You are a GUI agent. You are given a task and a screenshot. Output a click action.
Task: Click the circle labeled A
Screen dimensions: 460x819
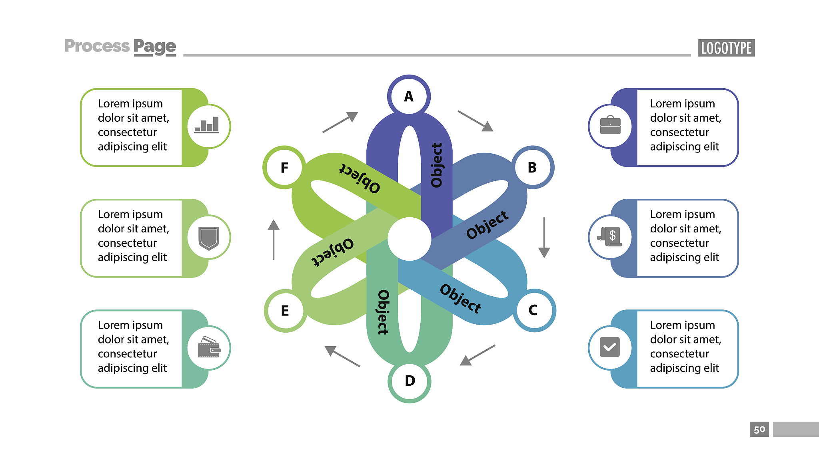point(409,96)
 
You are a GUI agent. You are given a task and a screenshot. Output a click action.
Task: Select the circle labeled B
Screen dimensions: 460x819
point(532,167)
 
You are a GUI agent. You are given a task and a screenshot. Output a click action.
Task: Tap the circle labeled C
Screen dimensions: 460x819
point(533,310)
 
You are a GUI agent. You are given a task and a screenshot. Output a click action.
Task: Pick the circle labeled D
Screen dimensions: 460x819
point(409,381)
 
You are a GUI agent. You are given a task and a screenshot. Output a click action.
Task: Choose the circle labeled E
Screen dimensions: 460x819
point(285,311)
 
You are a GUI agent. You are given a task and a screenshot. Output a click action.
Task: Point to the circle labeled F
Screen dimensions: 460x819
point(284,167)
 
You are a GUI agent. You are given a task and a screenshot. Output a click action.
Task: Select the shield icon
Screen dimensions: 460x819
point(209,237)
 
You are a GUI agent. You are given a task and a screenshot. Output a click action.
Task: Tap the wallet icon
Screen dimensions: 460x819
point(209,347)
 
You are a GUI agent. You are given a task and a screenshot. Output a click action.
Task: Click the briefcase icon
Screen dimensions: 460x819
point(610,126)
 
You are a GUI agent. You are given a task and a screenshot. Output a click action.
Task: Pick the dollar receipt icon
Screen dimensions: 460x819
point(610,237)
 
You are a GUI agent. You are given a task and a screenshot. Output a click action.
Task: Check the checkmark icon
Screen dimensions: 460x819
point(610,347)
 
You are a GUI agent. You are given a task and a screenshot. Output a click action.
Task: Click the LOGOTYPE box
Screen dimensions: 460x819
point(726,48)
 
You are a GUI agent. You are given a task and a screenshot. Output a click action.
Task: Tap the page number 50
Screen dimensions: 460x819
point(759,430)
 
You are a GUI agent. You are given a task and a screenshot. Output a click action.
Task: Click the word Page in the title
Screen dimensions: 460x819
point(155,47)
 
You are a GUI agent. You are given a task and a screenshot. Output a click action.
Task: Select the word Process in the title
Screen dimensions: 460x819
point(97,46)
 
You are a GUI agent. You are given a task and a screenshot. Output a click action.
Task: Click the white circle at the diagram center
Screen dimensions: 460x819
point(409,239)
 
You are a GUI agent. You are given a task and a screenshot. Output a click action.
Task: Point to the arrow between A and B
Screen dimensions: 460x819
point(475,121)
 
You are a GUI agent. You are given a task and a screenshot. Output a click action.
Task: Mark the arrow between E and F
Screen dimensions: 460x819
point(274,240)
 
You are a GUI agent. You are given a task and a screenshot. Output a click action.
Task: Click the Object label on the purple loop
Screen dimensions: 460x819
point(437,165)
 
